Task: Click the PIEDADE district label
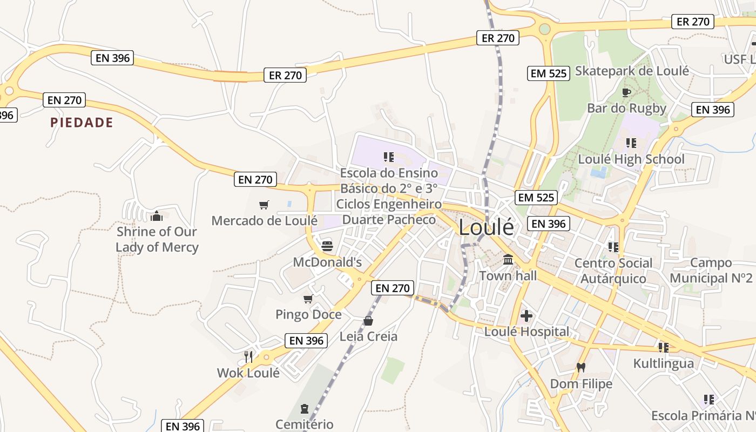click(x=82, y=123)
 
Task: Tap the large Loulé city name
click(x=487, y=227)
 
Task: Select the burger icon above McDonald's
click(x=327, y=247)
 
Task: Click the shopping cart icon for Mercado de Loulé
click(x=264, y=205)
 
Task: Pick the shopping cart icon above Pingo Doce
click(x=308, y=299)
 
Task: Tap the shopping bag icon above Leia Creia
click(x=368, y=321)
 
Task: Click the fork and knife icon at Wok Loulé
click(x=248, y=356)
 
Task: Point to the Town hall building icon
click(x=508, y=260)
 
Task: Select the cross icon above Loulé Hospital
click(x=526, y=315)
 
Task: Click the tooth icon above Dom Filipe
click(x=581, y=368)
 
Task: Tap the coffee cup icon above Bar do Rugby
click(x=626, y=92)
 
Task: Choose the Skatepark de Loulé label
click(x=632, y=71)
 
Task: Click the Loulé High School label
click(x=631, y=159)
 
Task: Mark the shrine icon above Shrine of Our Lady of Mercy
click(x=157, y=216)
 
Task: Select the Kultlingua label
click(x=663, y=363)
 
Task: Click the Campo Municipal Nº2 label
click(x=711, y=271)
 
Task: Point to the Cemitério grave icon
click(x=305, y=408)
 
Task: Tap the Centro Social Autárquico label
click(x=613, y=271)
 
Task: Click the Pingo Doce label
click(x=308, y=314)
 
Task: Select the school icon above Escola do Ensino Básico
click(x=389, y=157)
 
